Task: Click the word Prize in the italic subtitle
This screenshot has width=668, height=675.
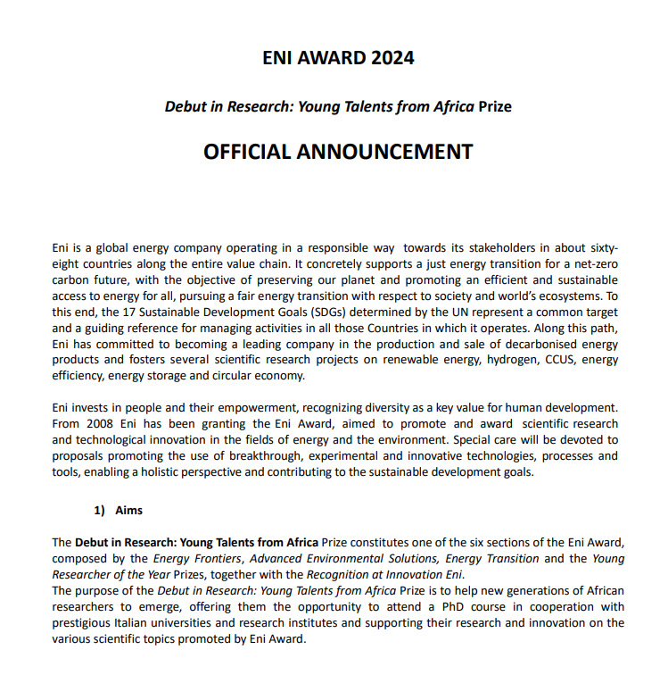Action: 495,107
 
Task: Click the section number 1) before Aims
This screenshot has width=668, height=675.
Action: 99,511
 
